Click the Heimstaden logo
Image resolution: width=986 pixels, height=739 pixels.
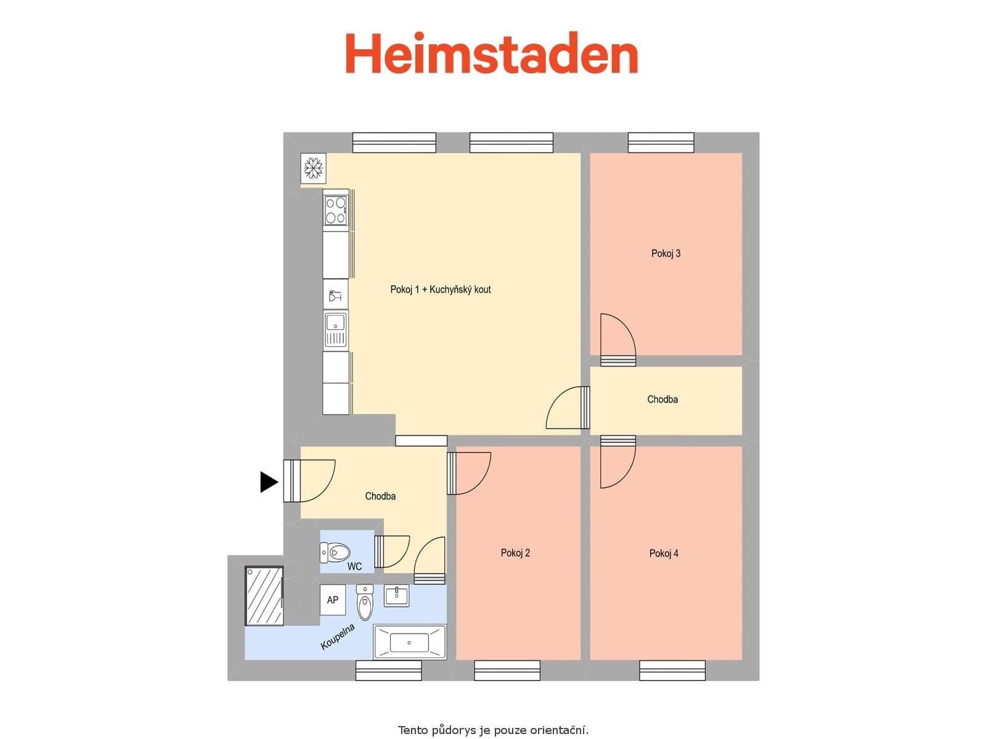click(x=491, y=54)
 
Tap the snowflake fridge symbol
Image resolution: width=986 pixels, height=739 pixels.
click(x=313, y=168)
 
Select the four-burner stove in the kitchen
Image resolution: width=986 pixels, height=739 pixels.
click(x=336, y=209)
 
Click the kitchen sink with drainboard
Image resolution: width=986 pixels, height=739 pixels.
click(x=336, y=329)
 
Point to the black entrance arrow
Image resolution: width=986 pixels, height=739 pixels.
click(x=269, y=482)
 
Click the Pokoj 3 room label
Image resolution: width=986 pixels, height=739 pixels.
click(x=666, y=253)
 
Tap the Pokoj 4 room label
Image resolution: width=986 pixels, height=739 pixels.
click(x=664, y=553)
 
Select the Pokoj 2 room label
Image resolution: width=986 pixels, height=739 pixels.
click(x=515, y=552)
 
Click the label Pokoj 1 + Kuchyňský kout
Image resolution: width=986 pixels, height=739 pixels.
click(x=440, y=289)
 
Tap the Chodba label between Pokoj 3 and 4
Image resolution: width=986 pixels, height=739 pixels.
click(x=662, y=399)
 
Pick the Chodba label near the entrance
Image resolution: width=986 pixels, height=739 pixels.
click(x=380, y=496)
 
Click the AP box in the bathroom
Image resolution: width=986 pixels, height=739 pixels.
click(x=333, y=600)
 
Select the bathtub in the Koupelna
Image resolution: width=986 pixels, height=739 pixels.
click(x=409, y=642)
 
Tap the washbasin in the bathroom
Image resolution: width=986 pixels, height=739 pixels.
click(x=396, y=596)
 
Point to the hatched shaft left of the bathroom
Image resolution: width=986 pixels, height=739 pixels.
click(x=264, y=596)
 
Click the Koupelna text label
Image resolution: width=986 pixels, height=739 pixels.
click(x=338, y=637)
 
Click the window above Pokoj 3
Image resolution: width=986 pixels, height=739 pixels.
click(x=661, y=142)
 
